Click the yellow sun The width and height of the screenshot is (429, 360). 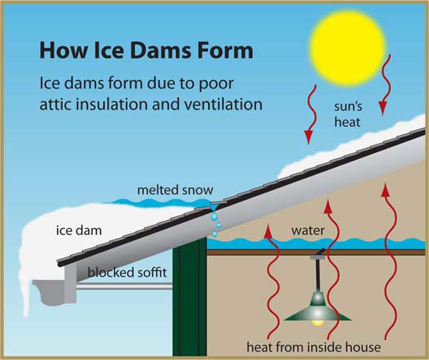(347, 49)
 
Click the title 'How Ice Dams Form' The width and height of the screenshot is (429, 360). (147, 51)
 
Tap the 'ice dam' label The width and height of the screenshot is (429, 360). (79, 231)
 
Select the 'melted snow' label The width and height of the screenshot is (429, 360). (175, 190)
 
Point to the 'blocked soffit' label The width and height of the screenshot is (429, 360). (127, 272)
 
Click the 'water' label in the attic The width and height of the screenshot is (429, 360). (308, 231)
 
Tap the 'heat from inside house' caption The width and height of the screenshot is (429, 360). (314, 347)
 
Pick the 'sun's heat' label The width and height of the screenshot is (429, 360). (347, 114)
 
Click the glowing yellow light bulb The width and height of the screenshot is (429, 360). (318, 323)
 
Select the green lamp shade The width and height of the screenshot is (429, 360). (317, 308)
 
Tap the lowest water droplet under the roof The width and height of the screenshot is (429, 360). (214, 234)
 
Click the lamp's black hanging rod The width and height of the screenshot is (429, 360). (318, 275)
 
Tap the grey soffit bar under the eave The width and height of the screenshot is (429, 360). (124, 286)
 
